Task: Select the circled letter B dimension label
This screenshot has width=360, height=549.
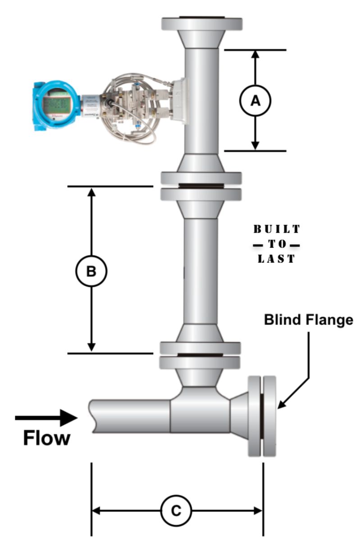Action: tap(91, 271)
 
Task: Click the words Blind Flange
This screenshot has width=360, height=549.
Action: tap(308, 320)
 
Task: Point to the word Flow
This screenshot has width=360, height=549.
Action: tap(47, 438)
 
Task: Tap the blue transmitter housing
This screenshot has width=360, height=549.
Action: tap(55, 105)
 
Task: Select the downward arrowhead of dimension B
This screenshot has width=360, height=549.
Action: tap(91, 347)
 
